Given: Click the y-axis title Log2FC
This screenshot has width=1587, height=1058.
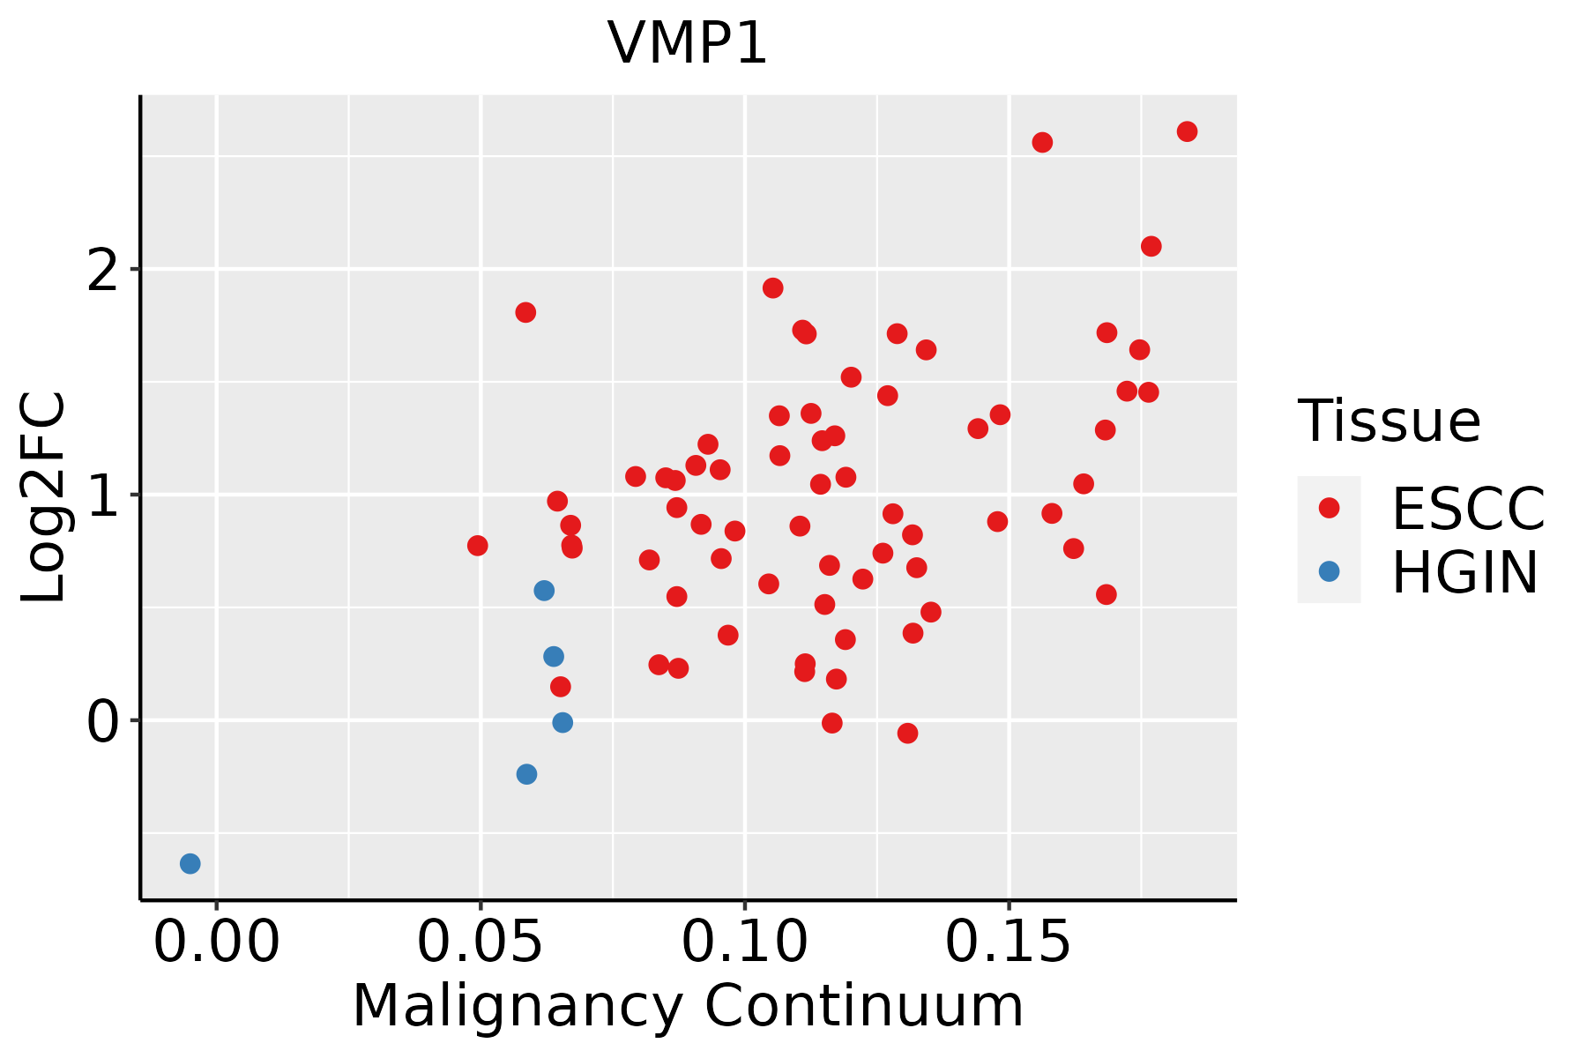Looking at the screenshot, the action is pos(44,497).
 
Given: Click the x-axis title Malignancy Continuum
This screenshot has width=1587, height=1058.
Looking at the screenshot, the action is pos(688,1007).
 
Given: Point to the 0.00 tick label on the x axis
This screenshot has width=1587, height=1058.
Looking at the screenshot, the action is pos(217,943).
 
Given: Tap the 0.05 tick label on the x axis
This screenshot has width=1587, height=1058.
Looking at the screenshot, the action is pos(481,943).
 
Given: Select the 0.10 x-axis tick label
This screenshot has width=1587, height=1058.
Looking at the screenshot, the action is pos(745,943).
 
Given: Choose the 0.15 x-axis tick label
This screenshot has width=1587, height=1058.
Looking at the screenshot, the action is pos(1009,943).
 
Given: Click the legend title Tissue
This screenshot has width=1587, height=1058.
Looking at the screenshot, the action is pos(1390,421).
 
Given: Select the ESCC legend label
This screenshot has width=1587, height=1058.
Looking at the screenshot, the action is pos(1469,509).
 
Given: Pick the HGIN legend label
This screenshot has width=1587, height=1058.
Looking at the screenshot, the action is pos(1465,572).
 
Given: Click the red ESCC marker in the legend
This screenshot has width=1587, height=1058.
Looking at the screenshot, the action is pos(1329,508).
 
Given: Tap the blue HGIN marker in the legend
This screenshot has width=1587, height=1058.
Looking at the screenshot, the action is pos(1329,571).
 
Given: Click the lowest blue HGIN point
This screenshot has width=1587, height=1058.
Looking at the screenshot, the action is pos(190,863).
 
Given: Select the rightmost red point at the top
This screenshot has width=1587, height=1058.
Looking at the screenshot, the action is pos(1187,131).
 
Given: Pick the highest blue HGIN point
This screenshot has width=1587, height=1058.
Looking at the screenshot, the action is pos(544,591).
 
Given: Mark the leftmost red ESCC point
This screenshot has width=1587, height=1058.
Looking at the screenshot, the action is pos(478,546).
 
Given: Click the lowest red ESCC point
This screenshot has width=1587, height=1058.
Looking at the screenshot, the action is pos(908,734).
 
